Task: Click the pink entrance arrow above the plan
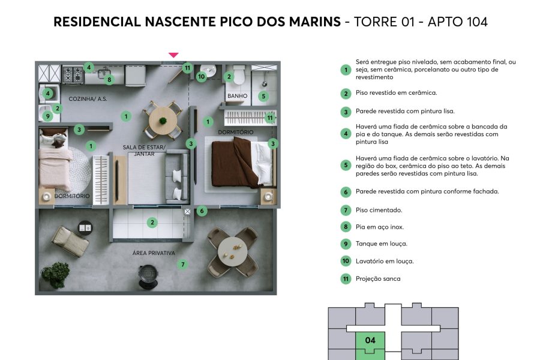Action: [173, 55]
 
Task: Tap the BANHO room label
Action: [237, 96]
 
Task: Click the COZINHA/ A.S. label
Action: [88, 99]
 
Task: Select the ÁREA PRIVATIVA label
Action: [154, 253]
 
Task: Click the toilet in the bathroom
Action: [239, 75]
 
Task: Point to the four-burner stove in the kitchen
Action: [73, 74]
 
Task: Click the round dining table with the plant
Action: [163, 121]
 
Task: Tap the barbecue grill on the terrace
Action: [148, 275]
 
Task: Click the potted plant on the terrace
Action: [55, 274]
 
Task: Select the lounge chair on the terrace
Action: [71, 241]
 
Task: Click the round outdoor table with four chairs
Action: [233, 252]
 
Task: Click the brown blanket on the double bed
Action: [235, 162]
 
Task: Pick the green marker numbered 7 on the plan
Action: [182, 265]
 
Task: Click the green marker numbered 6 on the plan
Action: [202, 211]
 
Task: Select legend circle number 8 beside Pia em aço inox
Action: [346, 227]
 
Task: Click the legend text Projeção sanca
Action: [378, 278]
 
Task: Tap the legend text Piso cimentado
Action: [379, 210]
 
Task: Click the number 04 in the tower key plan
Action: [370, 340]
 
